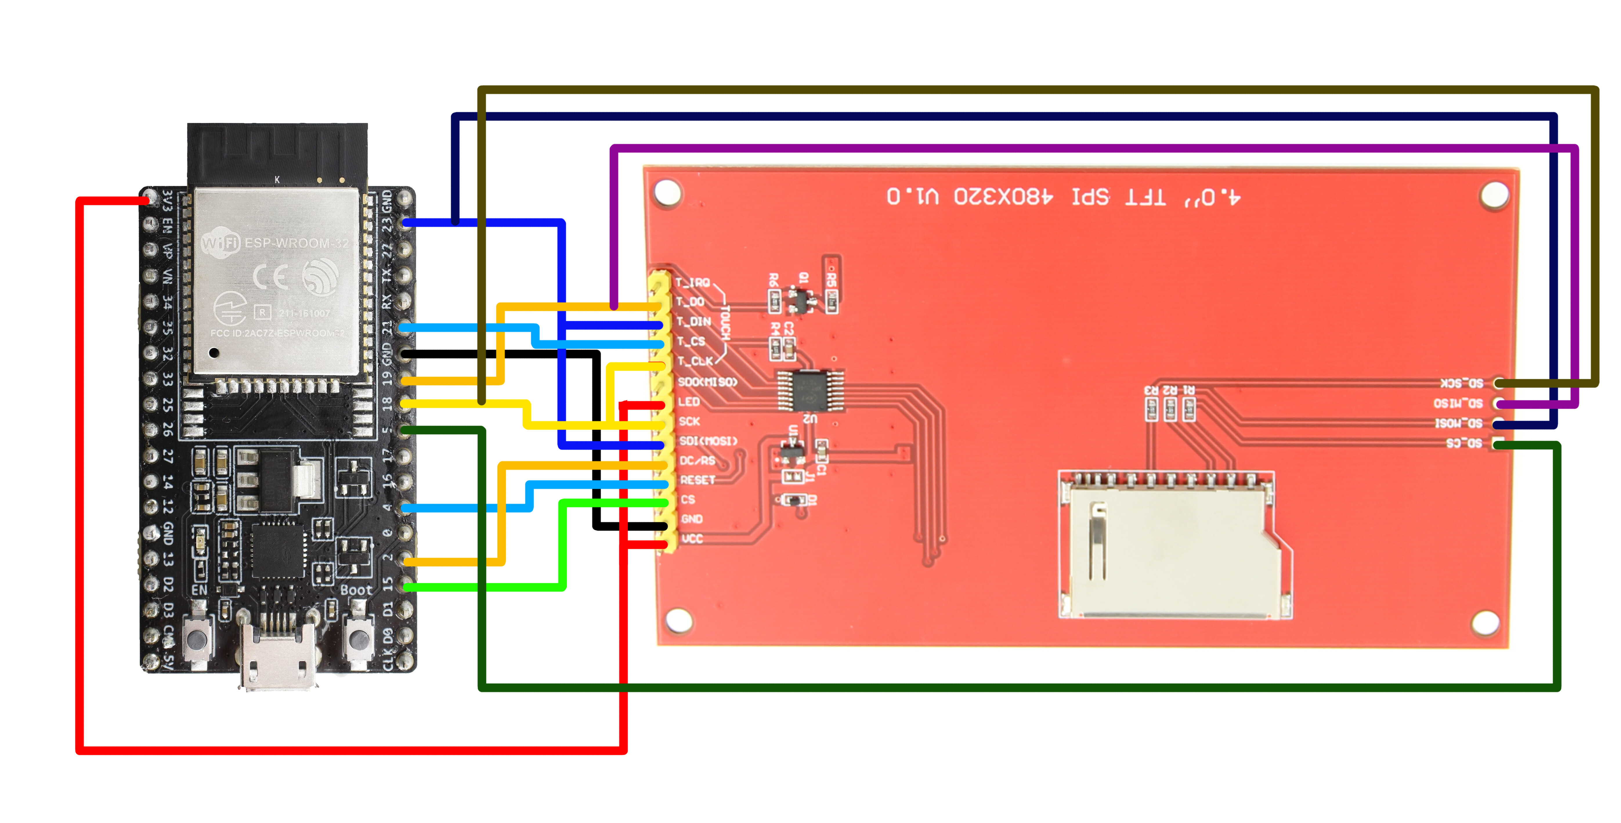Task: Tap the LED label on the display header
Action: coord(689,401)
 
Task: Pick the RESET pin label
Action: coord(697,480)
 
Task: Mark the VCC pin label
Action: coord(692,539)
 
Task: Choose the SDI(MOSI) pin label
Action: coord(708,441)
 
